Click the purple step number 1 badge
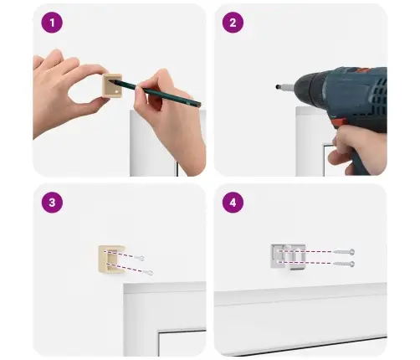click(52, 23)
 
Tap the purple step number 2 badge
click(233, 23)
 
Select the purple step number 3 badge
click(52, 203)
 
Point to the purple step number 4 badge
click(233, 203)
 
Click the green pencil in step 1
click(155, 93)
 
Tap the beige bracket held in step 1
click(112, 85)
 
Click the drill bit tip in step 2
click(277, 87)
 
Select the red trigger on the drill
click(339, 123)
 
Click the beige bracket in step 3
click(110, 260)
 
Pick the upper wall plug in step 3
click(139, 258)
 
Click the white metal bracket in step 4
click(288, 257)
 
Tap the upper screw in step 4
click(344, 252)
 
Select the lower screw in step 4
click(344, 264)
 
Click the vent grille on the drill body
click(378, 89)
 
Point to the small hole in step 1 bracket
click(117, 91)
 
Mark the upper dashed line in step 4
click(306, 251)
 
